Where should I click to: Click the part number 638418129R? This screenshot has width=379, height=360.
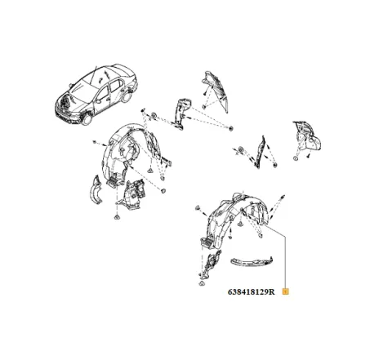251,292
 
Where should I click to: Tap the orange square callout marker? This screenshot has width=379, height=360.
285,292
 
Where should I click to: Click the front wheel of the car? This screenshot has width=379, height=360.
87,119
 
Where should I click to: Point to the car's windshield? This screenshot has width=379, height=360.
82,92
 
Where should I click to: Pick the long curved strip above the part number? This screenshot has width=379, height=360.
252,262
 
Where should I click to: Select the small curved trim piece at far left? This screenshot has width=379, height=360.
96,189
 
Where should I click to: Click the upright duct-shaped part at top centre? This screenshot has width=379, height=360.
182,113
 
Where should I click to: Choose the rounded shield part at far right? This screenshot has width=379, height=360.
308,136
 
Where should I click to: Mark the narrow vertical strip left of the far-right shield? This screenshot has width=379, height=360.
260,153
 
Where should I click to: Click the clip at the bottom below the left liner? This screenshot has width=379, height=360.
117,217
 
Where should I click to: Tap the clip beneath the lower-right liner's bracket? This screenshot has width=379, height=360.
201,283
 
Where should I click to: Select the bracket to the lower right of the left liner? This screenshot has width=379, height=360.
133,194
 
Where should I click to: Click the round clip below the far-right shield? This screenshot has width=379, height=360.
296,158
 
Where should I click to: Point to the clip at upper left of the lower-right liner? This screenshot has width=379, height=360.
198,208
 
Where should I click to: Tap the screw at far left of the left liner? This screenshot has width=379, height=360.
95,142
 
